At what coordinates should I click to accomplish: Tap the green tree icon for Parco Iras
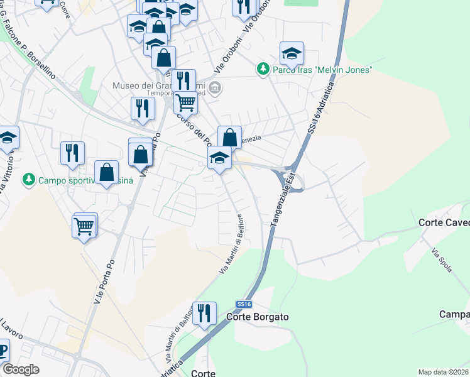point(264,69)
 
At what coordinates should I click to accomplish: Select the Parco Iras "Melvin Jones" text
point(322,70)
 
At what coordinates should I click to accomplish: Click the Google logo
point(20,369)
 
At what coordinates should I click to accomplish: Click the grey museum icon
point(215,87)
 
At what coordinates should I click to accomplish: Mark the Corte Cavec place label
point(444,223)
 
